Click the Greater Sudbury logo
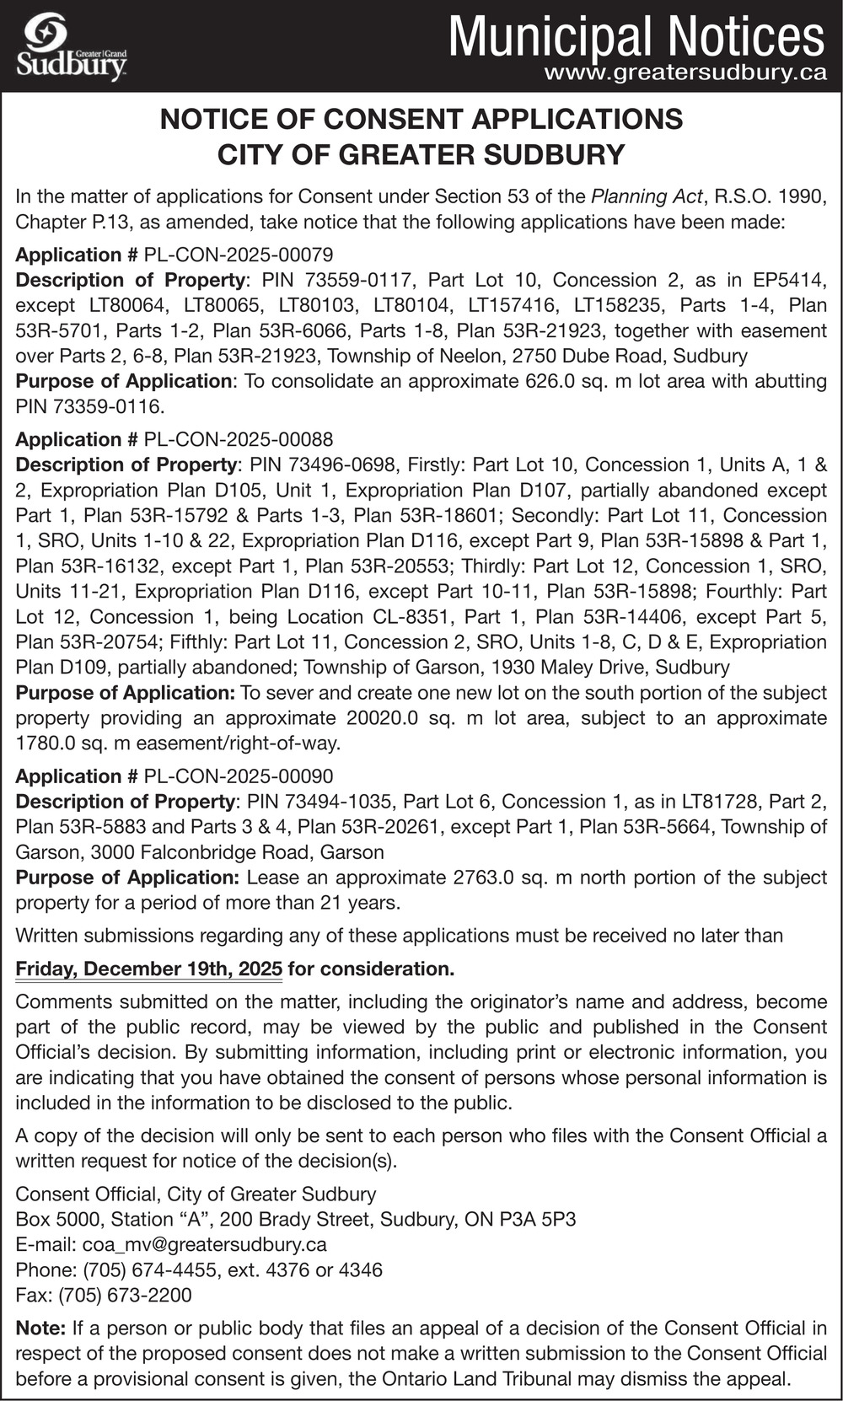72,47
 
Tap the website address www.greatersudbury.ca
685,73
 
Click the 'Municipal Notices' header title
636,36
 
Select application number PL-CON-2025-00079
239,255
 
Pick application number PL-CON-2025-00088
239,439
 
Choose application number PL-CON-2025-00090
239,776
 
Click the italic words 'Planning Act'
647,196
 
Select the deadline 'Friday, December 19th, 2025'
148,969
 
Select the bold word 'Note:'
40,1329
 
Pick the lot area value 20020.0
384,718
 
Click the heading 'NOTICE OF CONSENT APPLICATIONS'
421,119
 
